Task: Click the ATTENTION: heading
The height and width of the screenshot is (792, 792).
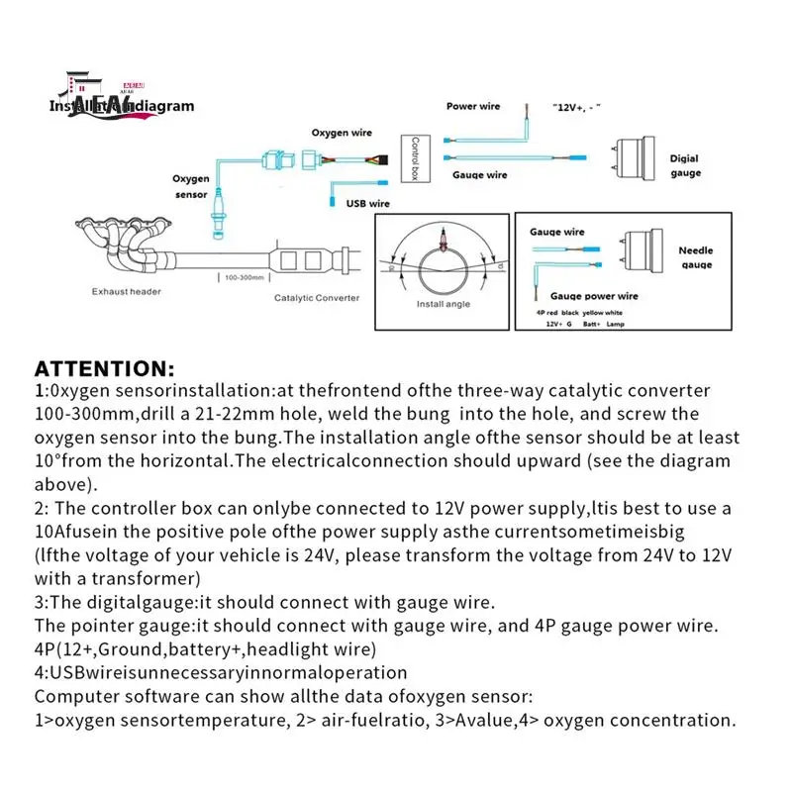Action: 104,369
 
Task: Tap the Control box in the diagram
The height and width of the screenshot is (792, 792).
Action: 418,158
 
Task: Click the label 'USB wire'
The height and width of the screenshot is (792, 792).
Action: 367,203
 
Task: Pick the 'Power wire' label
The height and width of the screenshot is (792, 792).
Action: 473,106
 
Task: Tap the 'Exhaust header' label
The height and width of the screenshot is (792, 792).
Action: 126,292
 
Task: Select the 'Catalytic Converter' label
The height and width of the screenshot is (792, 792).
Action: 317,297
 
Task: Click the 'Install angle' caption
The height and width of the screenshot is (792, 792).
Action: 443,304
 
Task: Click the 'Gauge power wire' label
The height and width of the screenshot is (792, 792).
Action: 594,296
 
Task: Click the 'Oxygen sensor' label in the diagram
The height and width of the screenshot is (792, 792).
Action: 191,187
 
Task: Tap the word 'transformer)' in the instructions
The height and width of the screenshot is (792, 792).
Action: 156,578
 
